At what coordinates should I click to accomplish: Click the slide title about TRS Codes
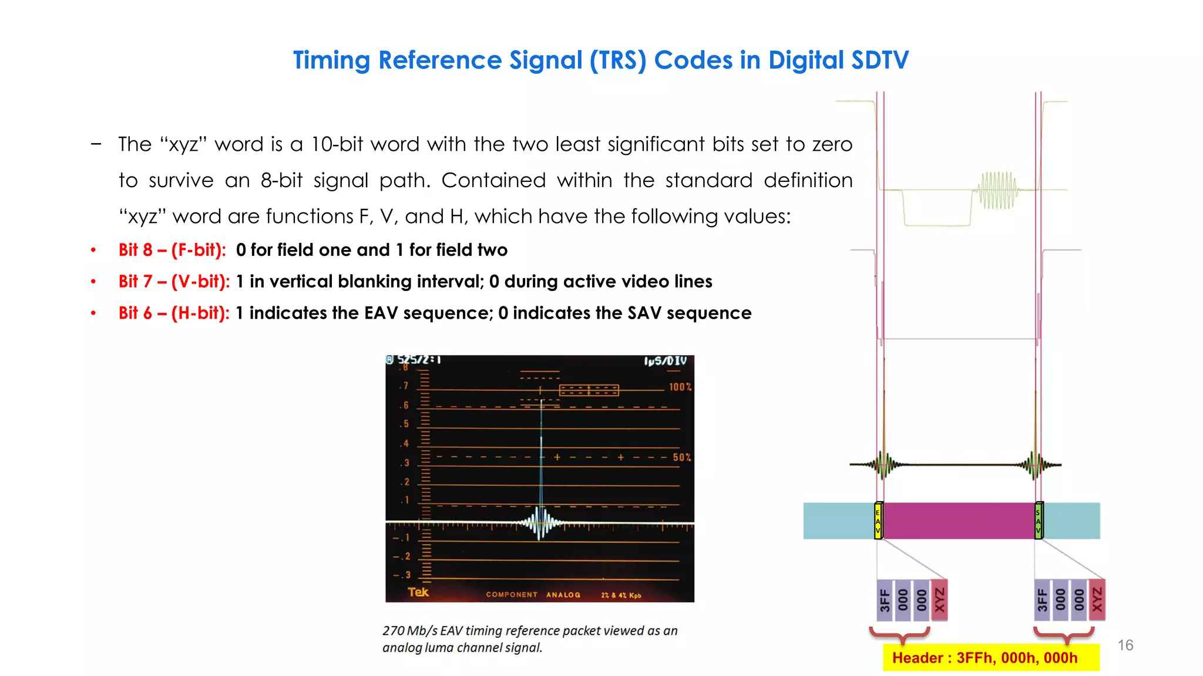600,60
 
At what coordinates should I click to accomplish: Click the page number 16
1125,645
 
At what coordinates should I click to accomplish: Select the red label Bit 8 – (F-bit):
172,250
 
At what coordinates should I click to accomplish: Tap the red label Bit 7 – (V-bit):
174,282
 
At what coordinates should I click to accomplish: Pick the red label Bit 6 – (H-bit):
174,313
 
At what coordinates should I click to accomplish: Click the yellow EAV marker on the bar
878,520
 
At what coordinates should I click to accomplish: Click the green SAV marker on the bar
1039,520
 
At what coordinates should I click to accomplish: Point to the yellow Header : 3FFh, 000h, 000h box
990,658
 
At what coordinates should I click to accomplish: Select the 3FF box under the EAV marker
885,600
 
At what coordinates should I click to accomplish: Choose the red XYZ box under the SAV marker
1097,600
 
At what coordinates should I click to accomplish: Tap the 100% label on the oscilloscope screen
680,387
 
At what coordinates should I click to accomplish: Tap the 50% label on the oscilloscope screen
681,457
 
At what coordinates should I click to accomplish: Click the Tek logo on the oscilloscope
418,592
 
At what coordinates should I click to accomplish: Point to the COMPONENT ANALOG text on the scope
533,595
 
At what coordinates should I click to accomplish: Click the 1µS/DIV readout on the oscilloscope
665,361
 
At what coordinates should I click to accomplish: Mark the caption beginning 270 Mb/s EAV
529,638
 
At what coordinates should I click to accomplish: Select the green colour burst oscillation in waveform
997,190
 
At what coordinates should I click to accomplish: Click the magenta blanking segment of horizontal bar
959,520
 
